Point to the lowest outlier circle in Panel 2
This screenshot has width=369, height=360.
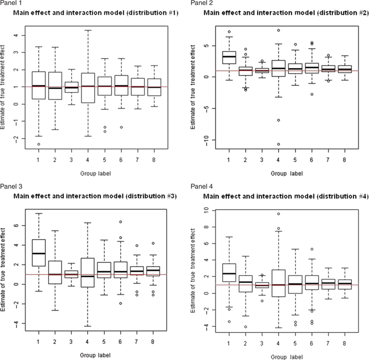[279, 144]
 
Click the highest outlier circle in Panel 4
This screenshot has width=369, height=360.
[279, 214]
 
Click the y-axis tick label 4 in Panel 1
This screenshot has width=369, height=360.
[15, 35]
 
